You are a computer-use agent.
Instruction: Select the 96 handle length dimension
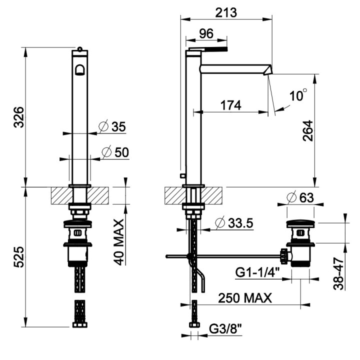[206, 33]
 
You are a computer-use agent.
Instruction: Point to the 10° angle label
[298, 95]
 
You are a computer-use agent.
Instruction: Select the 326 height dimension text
[18, 116]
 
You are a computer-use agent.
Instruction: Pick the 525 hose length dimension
[18, 256]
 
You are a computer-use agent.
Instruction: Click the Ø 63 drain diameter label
[301, 197]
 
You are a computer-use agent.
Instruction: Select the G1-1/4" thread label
[257, 273]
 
